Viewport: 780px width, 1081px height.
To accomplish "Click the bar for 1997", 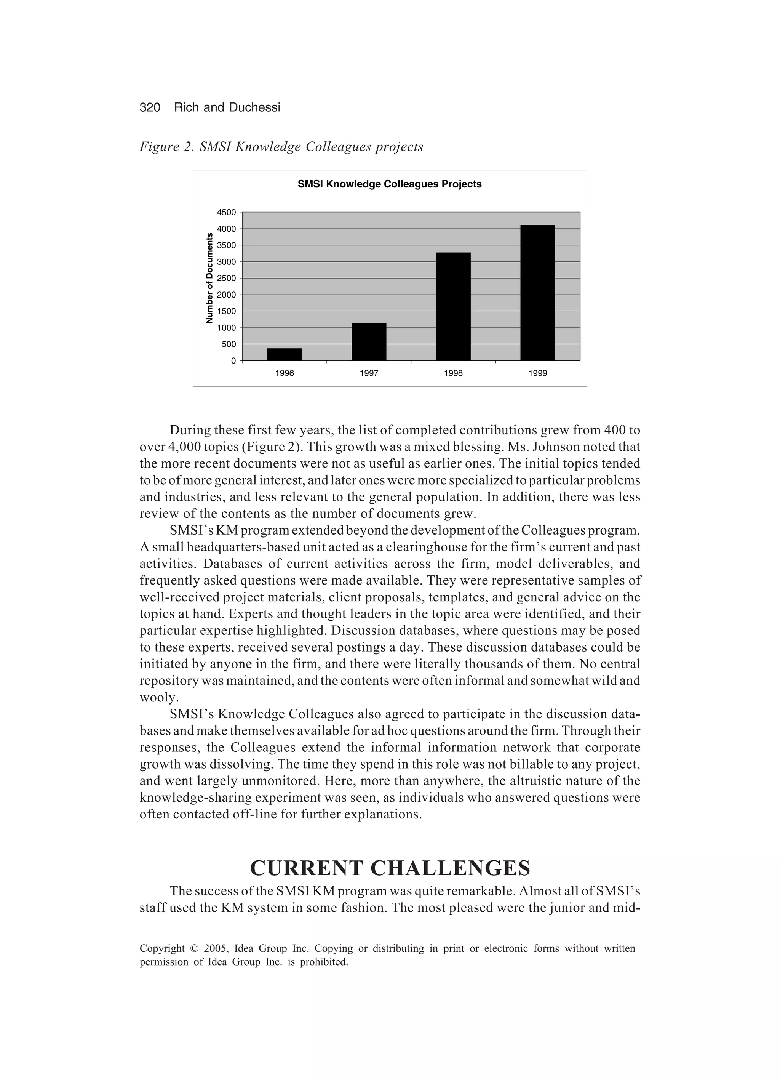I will (x=369, y=342).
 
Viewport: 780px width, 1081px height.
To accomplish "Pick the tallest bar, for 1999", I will (x=537, y=293).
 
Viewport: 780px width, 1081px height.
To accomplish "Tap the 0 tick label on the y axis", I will (x=233, y=361).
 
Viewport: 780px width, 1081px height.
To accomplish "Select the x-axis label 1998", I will (x=453, y=373).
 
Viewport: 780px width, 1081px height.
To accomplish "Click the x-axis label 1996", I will (x=285, y=373).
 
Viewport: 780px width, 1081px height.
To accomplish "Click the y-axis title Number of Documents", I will (x=209, y=279).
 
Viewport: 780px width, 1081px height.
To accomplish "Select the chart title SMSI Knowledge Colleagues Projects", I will (x=389, y=184).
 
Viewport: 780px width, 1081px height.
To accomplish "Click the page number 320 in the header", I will (x=150, y=108).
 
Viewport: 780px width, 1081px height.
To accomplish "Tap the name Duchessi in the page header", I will (x=254, y=108).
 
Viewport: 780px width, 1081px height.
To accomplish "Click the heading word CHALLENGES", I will (x=450, y=868).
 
